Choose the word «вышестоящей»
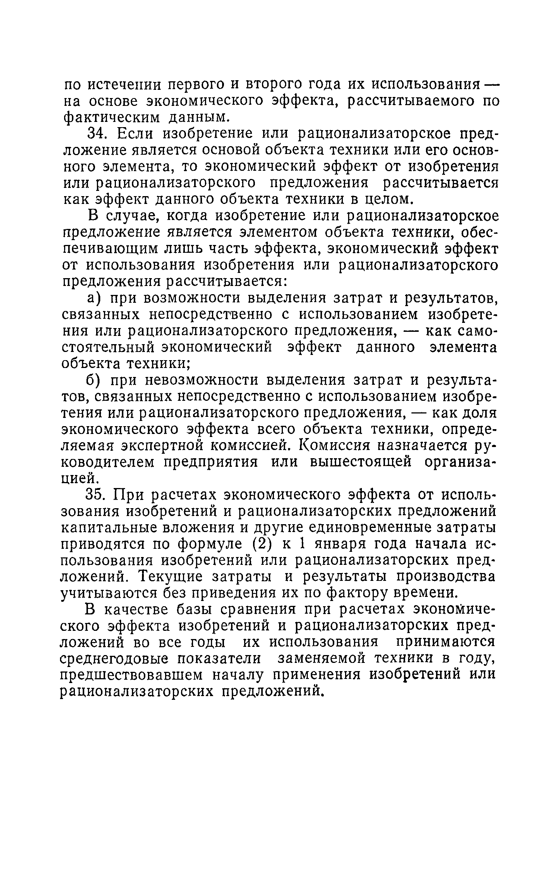[361, 462]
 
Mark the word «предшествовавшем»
[131, 676]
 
